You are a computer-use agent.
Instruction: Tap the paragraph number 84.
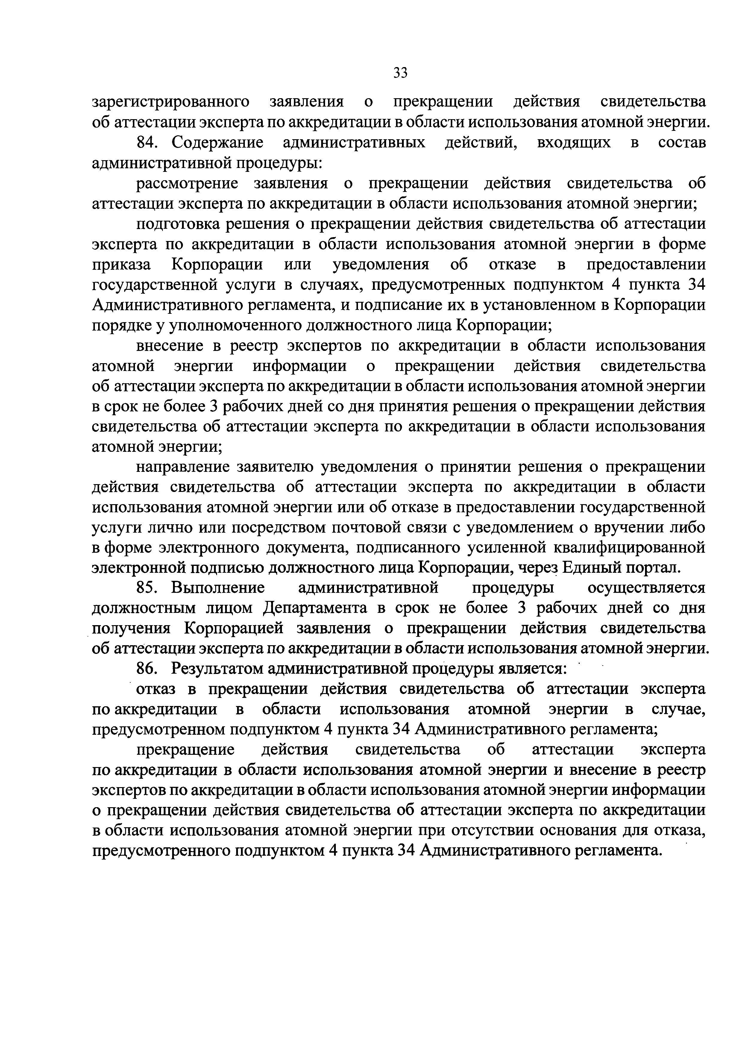click(147, 143)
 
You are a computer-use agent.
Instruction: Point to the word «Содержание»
click(218, 143)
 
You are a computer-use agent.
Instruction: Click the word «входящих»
click(574, 143)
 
